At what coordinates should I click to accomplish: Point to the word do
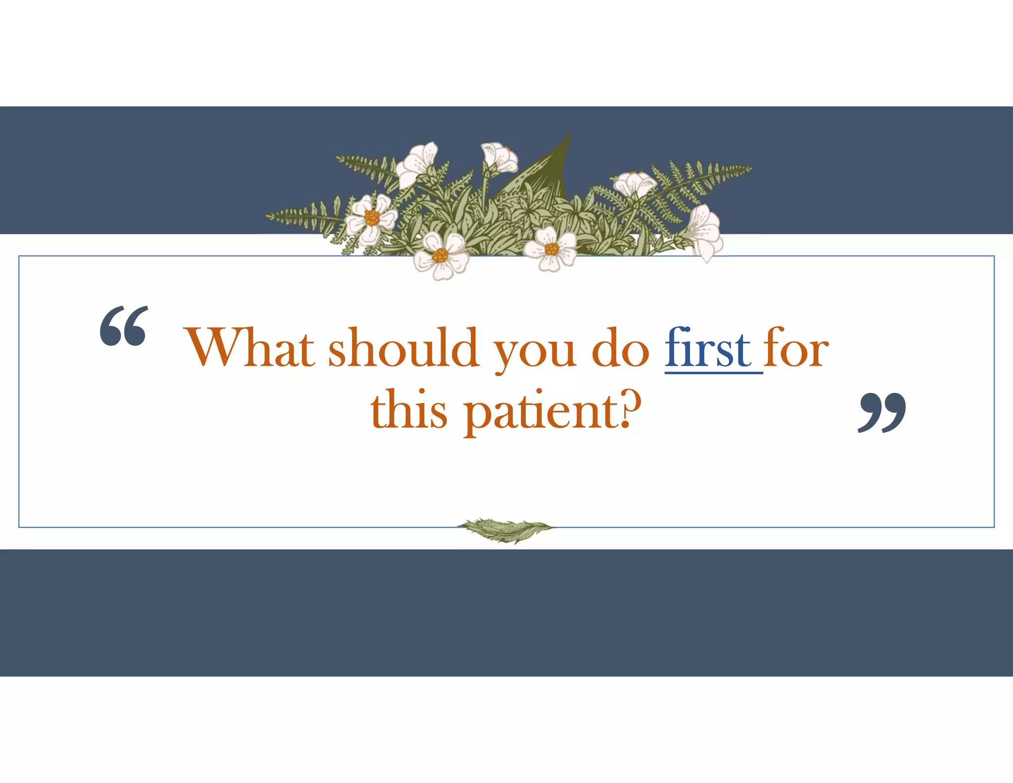click(x=620, y=348)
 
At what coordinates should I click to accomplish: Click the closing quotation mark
click(x=882, y=412)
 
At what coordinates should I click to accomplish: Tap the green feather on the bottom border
click(x=505, y=530)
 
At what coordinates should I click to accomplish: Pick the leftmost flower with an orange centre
click(x=370, y=218)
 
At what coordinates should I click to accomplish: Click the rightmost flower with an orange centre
click(x=551, y=249)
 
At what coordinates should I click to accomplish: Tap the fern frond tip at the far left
click(x=270, y=216)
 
